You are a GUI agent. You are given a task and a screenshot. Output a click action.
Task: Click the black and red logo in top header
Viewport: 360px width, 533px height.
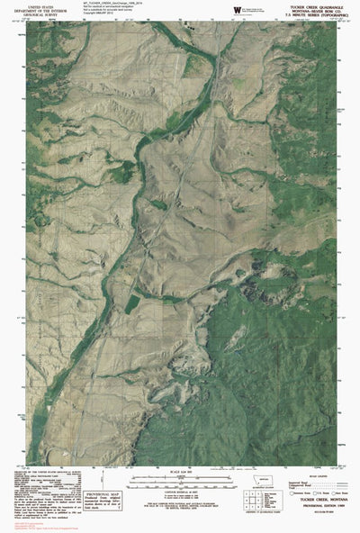click(237, 8)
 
